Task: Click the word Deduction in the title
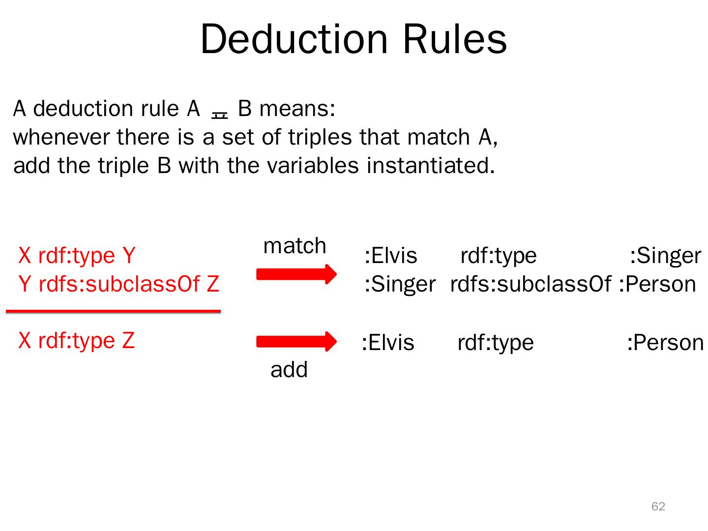[x=294, y=39]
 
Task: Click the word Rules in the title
[x=455, y=39]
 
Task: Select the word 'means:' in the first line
[x=297, y=109]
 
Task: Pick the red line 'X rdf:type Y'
[x=77, y=256]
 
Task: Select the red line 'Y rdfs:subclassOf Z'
[x=118, y=284]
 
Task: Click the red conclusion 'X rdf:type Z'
[x=76, y=340]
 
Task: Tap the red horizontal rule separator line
[x=113, y=311]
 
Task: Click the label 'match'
[x=295, y=245]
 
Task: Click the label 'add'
[x=289, y=370]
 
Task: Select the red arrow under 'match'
[x=296, y=274]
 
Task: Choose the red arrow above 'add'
[x=296, y=342]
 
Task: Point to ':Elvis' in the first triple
[x=391, y=256]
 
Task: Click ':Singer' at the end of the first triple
[x=665, y=256]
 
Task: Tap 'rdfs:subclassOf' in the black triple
[x=531, y=284]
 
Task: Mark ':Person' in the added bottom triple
[x=665, y=343]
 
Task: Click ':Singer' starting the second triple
[x=400, y=284]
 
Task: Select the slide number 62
[x=658, y=506]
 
